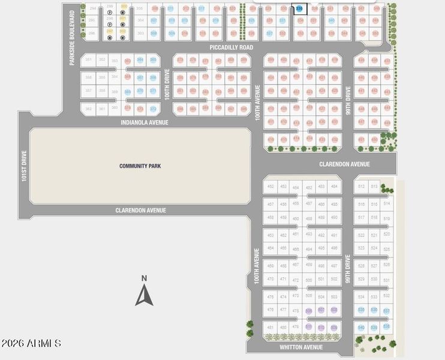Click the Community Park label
coord(140,166)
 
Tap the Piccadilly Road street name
coord(231,47)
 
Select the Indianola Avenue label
coord(144,122)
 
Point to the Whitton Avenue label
coord(301,347)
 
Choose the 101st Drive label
coord(25,166)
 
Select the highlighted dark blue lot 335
coord(299,9)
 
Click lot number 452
coord(270,187)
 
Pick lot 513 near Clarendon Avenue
coord(375,187)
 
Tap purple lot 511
coord(309,327)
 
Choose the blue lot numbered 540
coord(361,328)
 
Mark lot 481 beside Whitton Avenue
coord(270,328)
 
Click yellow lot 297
coord(110,31)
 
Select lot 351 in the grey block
coord(89,60)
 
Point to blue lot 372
coord(153,109)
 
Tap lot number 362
coord(89,109)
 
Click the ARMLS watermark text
coord(31,344)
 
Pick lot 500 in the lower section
coord(309,280)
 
